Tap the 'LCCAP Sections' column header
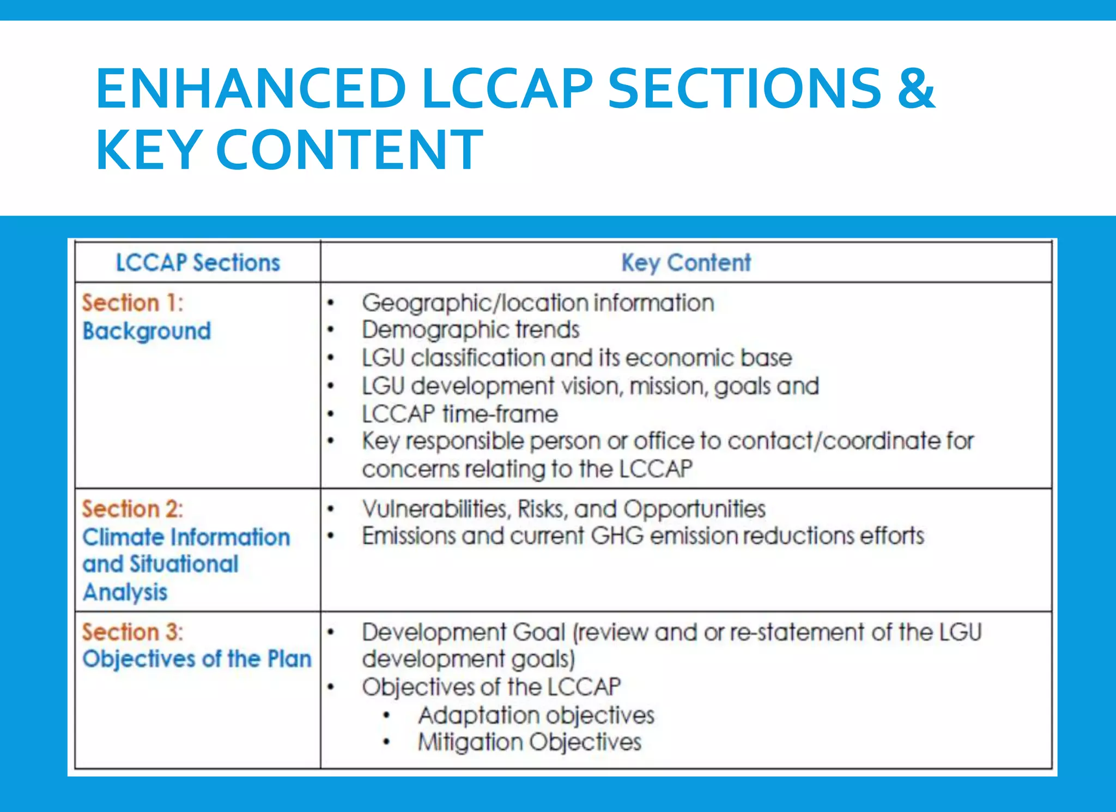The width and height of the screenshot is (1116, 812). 198,263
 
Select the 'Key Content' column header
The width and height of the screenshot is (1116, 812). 686,263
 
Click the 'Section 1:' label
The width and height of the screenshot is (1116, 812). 133,303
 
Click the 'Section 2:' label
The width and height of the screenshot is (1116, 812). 133,509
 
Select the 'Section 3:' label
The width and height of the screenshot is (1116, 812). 133,633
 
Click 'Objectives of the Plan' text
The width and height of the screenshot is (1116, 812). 197,659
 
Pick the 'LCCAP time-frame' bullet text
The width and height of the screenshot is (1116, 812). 460,414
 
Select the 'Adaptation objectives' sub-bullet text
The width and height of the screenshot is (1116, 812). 536,715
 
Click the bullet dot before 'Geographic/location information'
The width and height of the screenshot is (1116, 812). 330,303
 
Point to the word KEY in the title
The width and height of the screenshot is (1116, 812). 148,150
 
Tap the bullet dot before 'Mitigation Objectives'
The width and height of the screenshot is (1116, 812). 386,742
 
